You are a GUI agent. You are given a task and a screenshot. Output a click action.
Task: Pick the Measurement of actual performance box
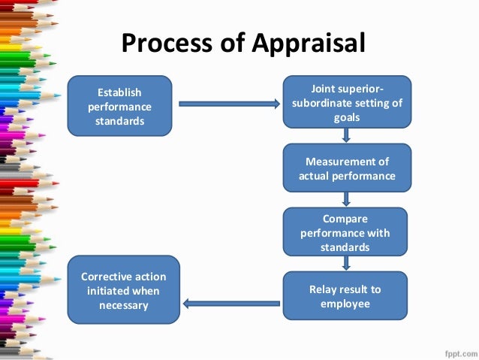(x=346, y=168)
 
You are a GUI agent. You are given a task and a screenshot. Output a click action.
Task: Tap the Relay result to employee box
(x=345, y=296)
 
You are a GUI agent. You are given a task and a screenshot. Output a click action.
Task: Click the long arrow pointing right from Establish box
(x=228, y=103)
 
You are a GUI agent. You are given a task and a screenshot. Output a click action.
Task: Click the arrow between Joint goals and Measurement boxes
(x=346, y=135)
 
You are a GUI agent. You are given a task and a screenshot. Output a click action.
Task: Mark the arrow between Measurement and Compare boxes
(x=346, y=199)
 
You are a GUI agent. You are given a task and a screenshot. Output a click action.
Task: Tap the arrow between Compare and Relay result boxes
(x=346, y=263)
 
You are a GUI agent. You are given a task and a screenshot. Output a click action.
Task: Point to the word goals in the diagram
(x=346, y=118)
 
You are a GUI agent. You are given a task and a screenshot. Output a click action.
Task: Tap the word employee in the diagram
(x=345, y=304)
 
